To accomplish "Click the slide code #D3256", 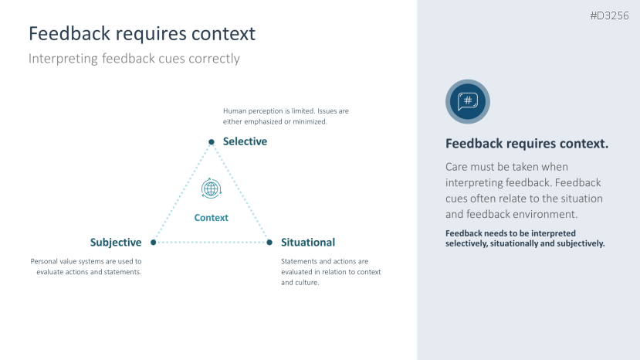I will pos(609,15).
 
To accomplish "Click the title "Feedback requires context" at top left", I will pos(142,34).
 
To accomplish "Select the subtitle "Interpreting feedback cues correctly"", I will pos(134,59).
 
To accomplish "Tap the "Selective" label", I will pos(245,141).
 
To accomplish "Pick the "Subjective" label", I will pos(116,243).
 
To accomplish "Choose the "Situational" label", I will pos(308,243).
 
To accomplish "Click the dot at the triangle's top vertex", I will pos(211,141).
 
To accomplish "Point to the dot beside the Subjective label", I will pos(154,243).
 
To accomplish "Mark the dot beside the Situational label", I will pos(269,243).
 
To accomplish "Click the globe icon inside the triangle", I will pos(211,188).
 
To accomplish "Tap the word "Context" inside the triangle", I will pos(211,218).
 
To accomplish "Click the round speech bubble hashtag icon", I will pos(468,101).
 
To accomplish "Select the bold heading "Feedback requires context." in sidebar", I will pos(527,144).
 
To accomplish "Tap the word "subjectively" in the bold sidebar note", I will pos(578,243).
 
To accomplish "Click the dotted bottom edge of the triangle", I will pos(212,243).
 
